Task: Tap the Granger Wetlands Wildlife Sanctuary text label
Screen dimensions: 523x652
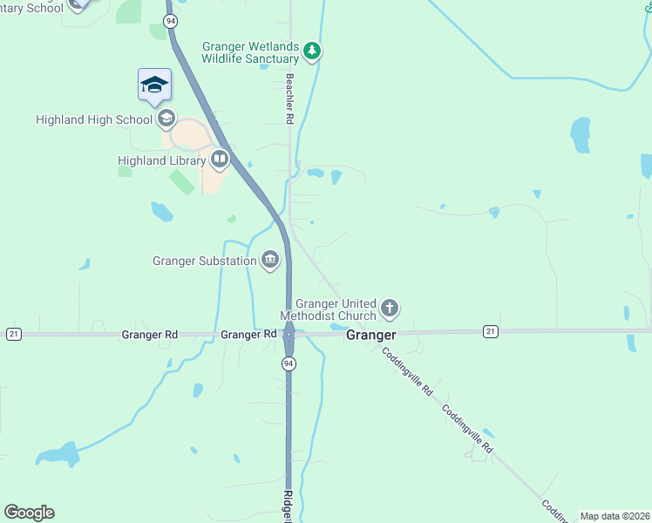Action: (250, 52)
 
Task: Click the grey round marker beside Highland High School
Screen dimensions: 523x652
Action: (166, 119)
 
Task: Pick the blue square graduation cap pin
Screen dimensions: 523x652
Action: (154, 85)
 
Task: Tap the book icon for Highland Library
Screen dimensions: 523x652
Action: (219, 160)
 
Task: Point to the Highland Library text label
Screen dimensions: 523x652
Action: (161, 160)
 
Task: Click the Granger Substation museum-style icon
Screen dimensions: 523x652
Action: (270, 260)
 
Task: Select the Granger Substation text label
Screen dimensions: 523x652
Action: (204, 260)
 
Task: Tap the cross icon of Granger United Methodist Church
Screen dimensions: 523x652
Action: (390, 308)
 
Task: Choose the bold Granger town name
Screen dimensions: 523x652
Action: (370, 335)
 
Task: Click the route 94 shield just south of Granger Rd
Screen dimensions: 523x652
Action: (289, 363)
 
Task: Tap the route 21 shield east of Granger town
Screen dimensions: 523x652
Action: (491, 331)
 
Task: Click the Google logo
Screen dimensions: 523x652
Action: (29, 513)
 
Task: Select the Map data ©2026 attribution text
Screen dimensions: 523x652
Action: (615, 516)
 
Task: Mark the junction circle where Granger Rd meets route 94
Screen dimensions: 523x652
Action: (289, 334)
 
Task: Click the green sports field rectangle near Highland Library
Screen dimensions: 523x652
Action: (182, 182)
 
